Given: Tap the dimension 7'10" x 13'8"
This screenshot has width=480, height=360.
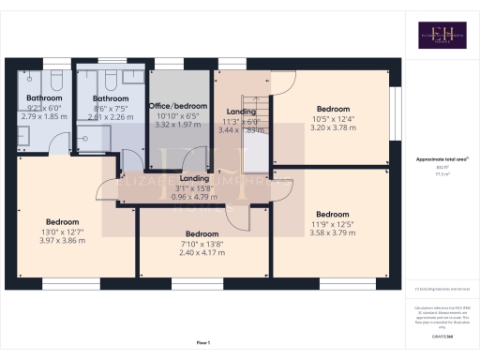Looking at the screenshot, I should click(x=202, y=243).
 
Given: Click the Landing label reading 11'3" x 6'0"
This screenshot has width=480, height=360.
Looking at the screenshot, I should click(x=241, y=112).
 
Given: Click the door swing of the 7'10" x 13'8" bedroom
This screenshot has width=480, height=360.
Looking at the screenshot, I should click(x=238, y=217).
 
